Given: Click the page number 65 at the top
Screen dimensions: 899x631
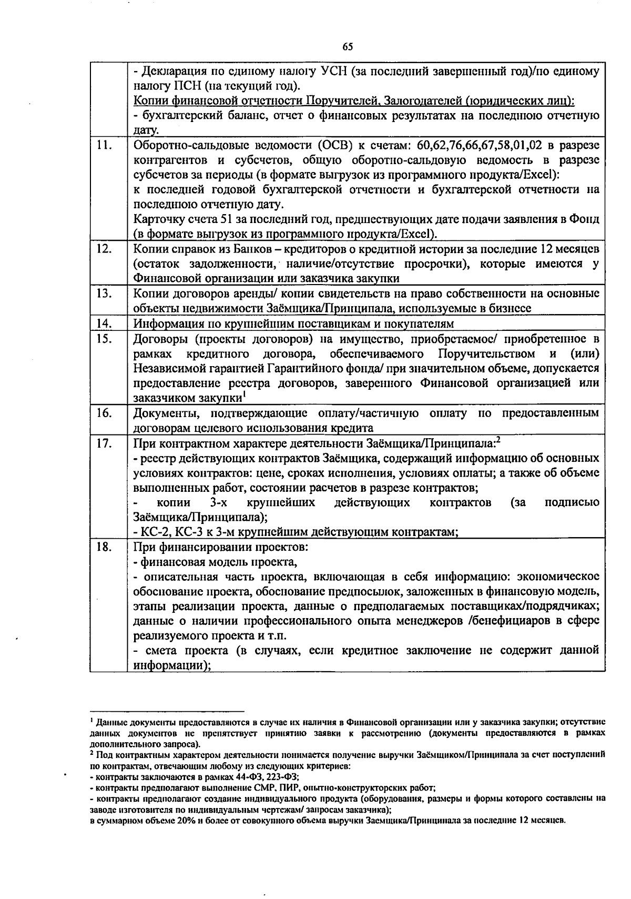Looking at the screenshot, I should (348, 47).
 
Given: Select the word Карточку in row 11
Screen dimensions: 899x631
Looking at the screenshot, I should (158, 219).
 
